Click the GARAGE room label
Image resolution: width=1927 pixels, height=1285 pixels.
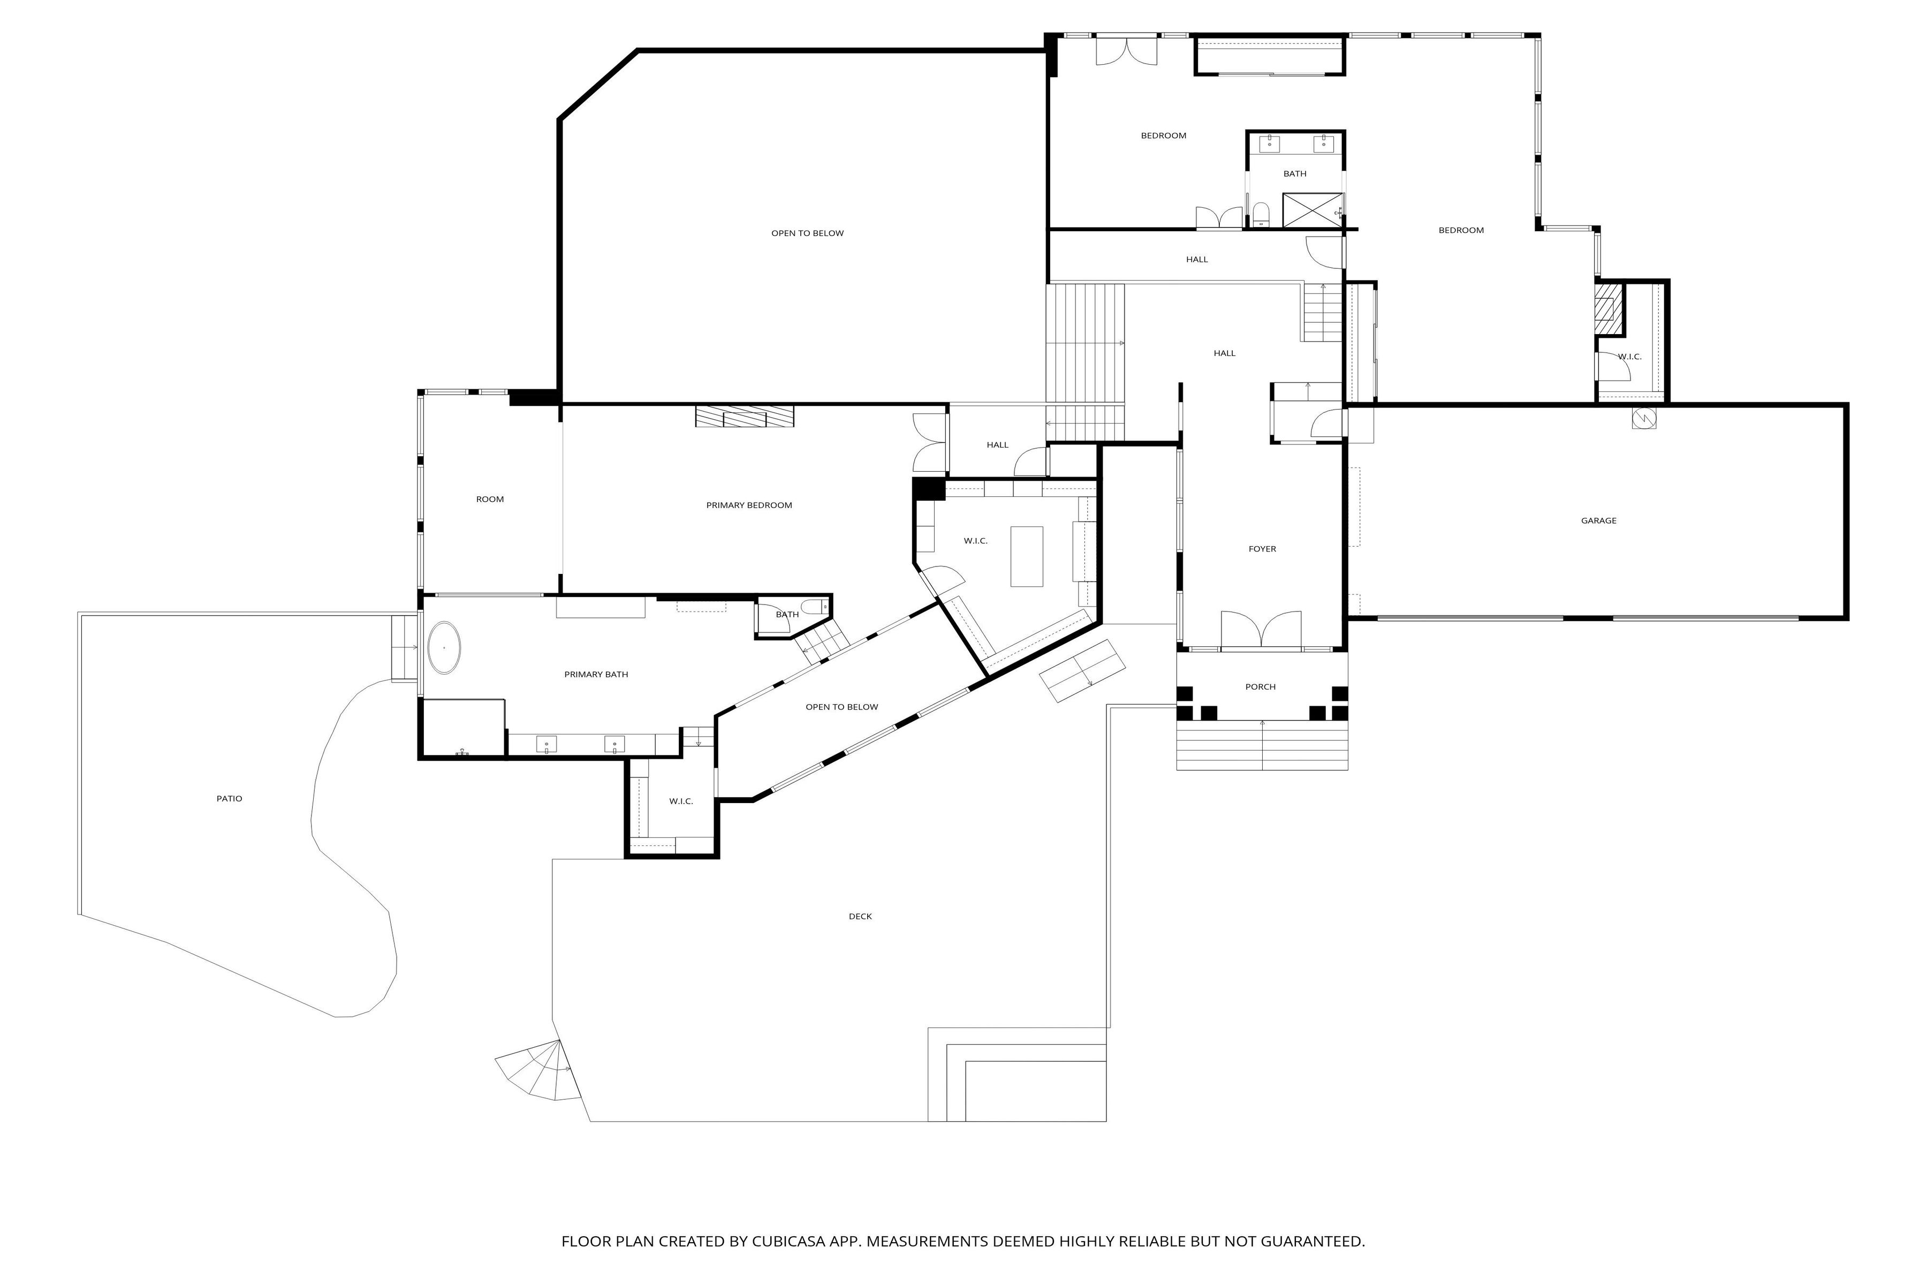point(1598,520)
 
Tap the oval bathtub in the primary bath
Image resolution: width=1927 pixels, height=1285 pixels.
point(444,647)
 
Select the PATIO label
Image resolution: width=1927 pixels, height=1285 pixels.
point(230,798)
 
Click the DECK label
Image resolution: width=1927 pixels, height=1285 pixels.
point(860,916)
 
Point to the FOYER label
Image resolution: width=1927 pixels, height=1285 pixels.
point(1262,549)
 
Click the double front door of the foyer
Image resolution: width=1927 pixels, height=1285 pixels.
point(1261,631)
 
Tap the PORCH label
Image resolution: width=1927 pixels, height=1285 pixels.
point(1260,687)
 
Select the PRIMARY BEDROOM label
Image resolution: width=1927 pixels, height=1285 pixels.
point(749,505)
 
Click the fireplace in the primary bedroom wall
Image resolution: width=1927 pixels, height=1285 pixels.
point(744,417)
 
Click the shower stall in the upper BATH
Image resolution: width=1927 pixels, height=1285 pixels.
point(1313,210)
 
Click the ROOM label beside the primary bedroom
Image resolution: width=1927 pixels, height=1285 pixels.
point(490,499)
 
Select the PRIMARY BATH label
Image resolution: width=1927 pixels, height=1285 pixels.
point(596,675)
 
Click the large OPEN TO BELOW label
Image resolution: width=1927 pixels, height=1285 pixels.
point(807,233)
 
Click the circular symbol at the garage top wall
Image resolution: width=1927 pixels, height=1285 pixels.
point(1643,418)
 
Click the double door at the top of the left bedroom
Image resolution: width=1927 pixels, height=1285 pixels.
point(1127,51)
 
